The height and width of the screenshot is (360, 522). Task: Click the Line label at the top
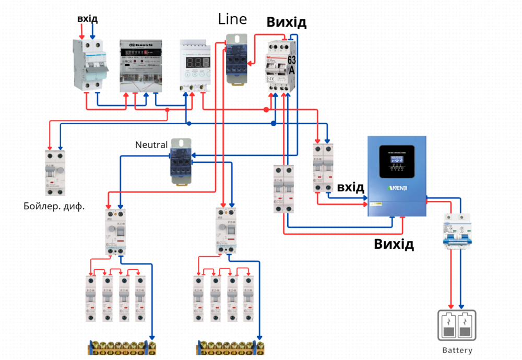tap(232, 20)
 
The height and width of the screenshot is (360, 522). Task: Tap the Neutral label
tap(151, 145)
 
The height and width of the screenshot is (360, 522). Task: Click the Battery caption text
tap(457, 351)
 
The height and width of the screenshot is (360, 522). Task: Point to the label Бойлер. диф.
tap(54, 206)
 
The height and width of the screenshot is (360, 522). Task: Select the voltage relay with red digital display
tap(195, 64)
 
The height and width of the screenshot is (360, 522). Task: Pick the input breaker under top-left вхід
tap(90, 64)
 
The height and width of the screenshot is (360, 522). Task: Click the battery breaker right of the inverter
tap(455, 231)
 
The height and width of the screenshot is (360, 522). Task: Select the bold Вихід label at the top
tap(287, 22)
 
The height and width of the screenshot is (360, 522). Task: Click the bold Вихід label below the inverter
tap(394, 244)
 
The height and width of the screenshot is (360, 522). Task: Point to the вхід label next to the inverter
tap(350, 187)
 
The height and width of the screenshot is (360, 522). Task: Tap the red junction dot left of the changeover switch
tap(266, 110)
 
